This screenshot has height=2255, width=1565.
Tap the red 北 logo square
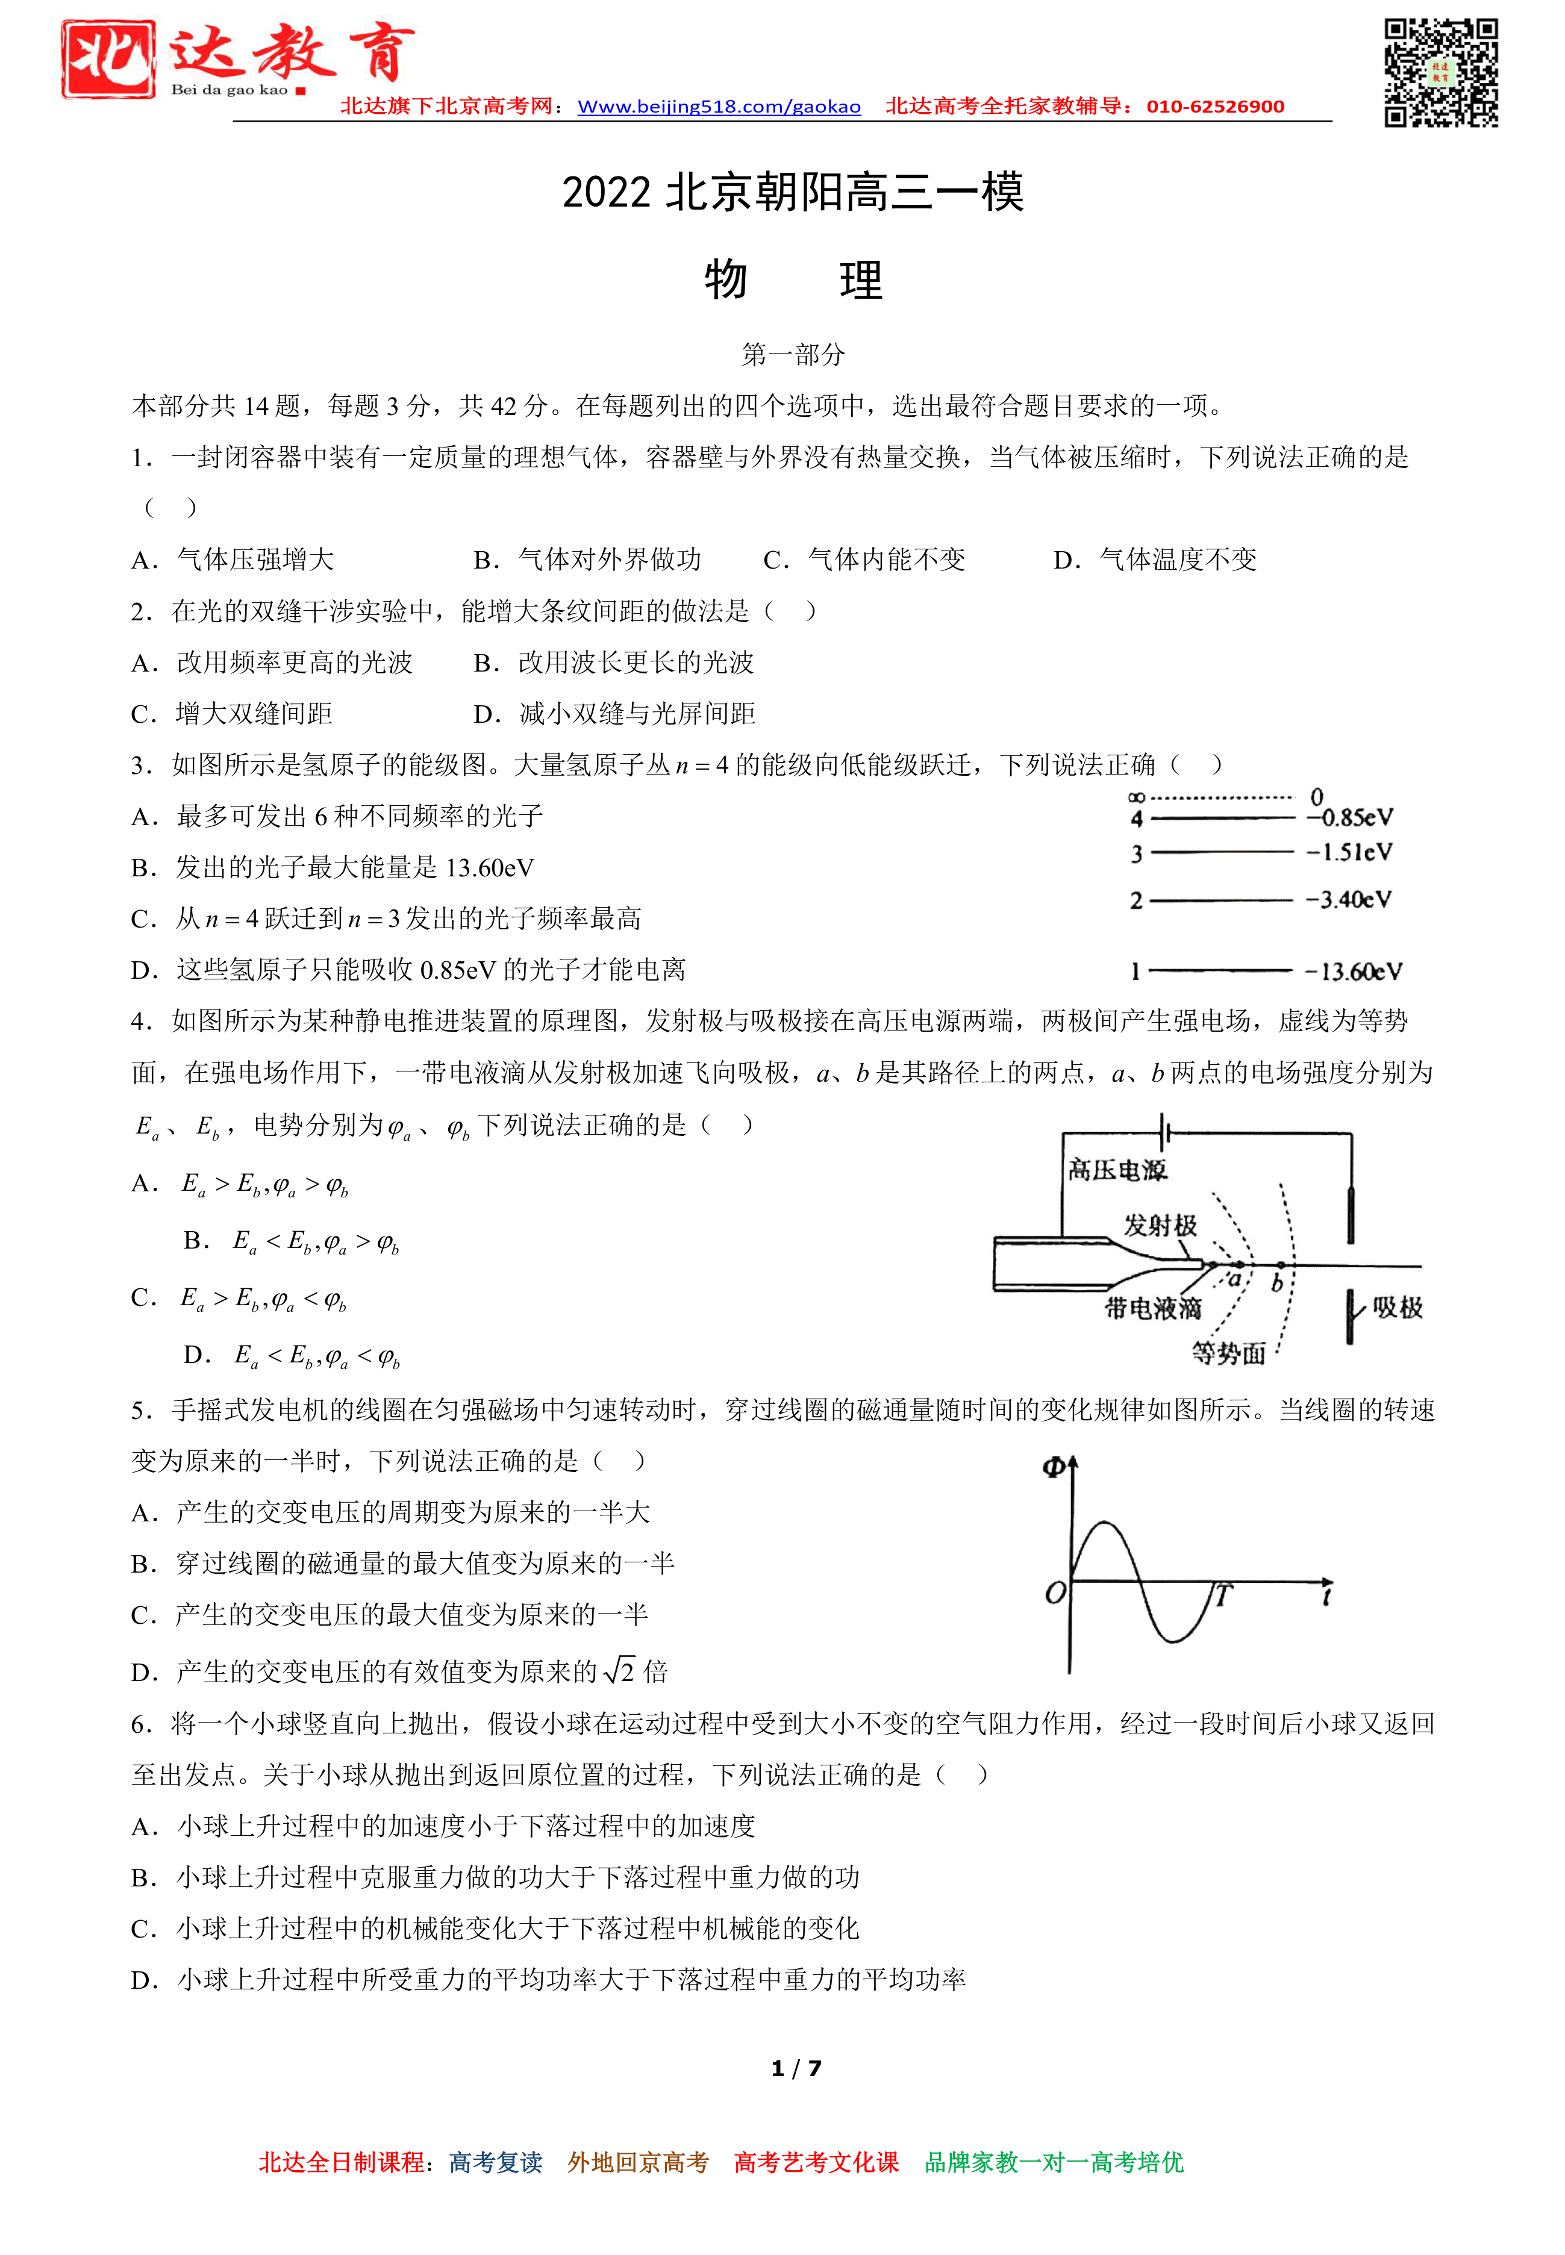point(108,59)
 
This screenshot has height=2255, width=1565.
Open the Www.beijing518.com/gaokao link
point(719,107)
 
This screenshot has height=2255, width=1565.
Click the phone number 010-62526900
point(1215,107)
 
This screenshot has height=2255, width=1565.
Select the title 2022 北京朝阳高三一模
point(792,192)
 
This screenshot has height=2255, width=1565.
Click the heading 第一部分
point(792,354)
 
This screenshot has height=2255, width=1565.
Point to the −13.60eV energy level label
point(1353,972)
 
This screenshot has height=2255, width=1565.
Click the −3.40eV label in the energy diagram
point(1348,899)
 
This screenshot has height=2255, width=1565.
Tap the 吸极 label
point(1396,1307)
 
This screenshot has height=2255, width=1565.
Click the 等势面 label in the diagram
point(1228,1353)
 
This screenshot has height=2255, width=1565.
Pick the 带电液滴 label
point(1152,1308)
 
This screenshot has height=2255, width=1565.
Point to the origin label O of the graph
point(1054,1593)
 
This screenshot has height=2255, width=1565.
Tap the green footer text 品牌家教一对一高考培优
point(1054,2162)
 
